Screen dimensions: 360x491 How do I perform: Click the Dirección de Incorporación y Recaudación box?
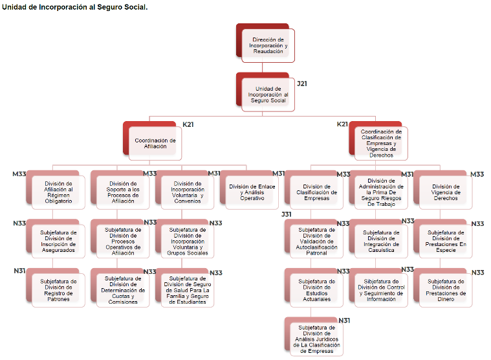click(268, 45)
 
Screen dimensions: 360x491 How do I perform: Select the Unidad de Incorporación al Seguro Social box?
click(268, 95)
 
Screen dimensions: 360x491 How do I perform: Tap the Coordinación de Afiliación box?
click(155, 143)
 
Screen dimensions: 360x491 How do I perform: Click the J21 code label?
click(302, 84)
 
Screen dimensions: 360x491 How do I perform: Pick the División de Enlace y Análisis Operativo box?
click(252, 192)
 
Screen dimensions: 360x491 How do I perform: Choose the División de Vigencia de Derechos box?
click(446, 192)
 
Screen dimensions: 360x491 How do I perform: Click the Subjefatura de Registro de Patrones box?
click(58, 290)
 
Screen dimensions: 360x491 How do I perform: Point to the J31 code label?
click(287, 214)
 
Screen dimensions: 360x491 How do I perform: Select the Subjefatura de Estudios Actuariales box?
click(317, 290)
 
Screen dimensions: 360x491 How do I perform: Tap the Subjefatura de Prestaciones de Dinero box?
click(446, 290)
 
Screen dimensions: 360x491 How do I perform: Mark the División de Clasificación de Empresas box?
click(316, 192)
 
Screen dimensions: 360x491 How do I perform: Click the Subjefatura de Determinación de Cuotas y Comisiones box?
click(123, 290)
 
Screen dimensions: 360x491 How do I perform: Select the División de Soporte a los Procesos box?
click(123, 192)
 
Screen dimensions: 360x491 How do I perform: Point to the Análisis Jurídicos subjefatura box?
click(317, 338)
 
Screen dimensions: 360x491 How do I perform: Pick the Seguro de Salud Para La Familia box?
click(188, 290)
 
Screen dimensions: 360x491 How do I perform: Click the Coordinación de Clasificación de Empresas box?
click(381, 143)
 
